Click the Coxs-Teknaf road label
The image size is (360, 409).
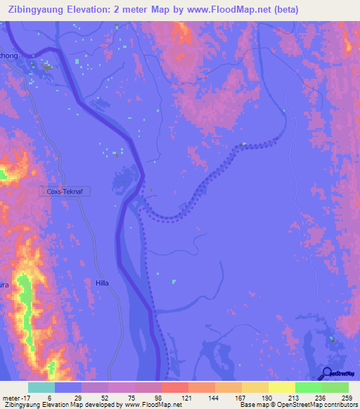click(70, 191)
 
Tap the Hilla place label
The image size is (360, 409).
click(102, 283)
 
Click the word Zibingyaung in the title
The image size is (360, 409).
click(36, 10)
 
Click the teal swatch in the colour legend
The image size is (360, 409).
click(41, 387)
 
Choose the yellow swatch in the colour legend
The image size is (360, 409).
click(282, 387)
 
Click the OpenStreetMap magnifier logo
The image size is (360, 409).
click(326, 373)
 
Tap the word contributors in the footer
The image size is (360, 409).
click(345, 405)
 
